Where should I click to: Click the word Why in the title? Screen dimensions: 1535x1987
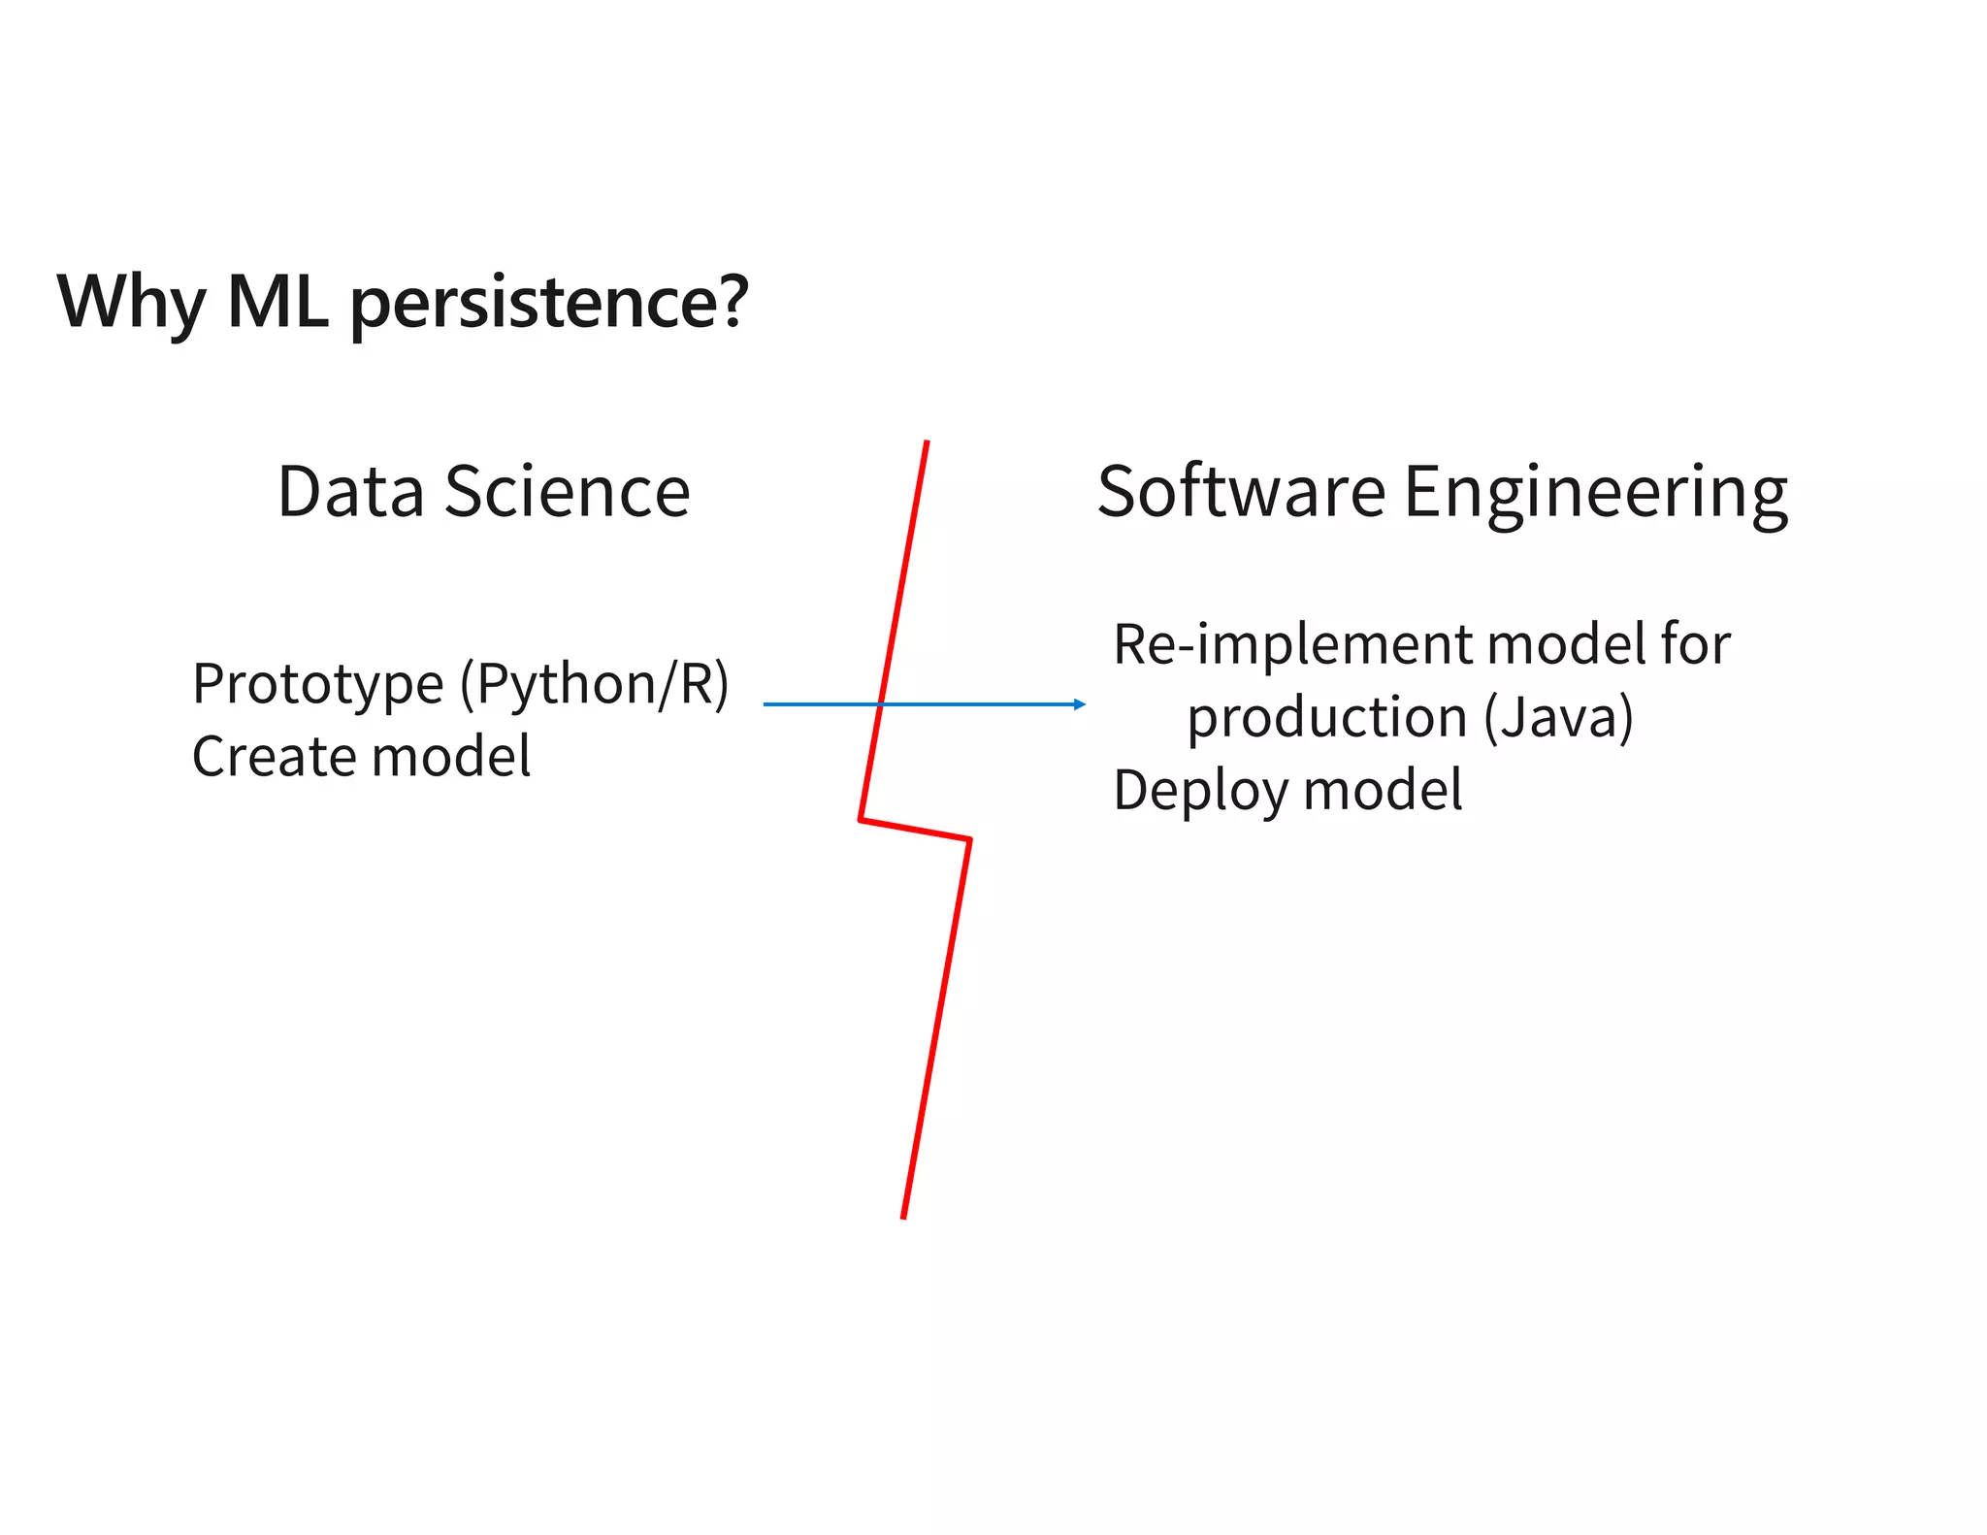[131, 303]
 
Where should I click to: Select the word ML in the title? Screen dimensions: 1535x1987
[277, 302]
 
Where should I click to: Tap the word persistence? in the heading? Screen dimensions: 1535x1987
[549, 303]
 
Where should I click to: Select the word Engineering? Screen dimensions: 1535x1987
[1595, 493]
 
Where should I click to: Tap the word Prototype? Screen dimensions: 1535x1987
[317, 684]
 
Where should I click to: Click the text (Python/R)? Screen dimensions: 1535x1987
[594, 684]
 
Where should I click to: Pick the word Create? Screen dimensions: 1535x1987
[273, 756]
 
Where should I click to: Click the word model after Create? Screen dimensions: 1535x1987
[451, 756]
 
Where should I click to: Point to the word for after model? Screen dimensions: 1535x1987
[1694, 644]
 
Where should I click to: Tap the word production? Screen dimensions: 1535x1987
[1327, 717]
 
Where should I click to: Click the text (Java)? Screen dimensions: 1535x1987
[1558, 717]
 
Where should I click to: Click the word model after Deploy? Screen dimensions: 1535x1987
[1383, 790]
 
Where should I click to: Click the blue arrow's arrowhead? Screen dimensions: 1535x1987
[1080, 704]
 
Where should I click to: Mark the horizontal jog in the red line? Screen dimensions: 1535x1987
[915, 830]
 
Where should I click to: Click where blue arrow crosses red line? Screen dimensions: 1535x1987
[880, 704]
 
